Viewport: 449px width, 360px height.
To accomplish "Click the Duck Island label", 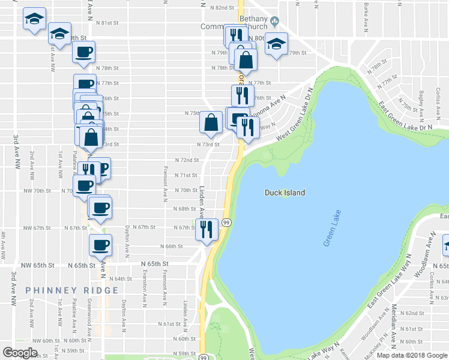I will [x=285, y=193].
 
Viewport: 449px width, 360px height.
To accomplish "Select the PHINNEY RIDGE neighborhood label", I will [x=72, y=290].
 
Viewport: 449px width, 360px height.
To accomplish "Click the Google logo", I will [x=20, y=353].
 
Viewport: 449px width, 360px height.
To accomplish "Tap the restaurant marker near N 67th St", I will [x=206, y=229].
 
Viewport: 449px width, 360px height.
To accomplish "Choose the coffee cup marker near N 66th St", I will [x=100, y=244].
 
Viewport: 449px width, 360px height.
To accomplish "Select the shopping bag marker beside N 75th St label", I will [x=211, y=123].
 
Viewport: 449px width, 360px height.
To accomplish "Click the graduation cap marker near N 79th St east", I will [x=276, y=44].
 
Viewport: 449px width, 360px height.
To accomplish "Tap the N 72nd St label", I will [x=186, y=160].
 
